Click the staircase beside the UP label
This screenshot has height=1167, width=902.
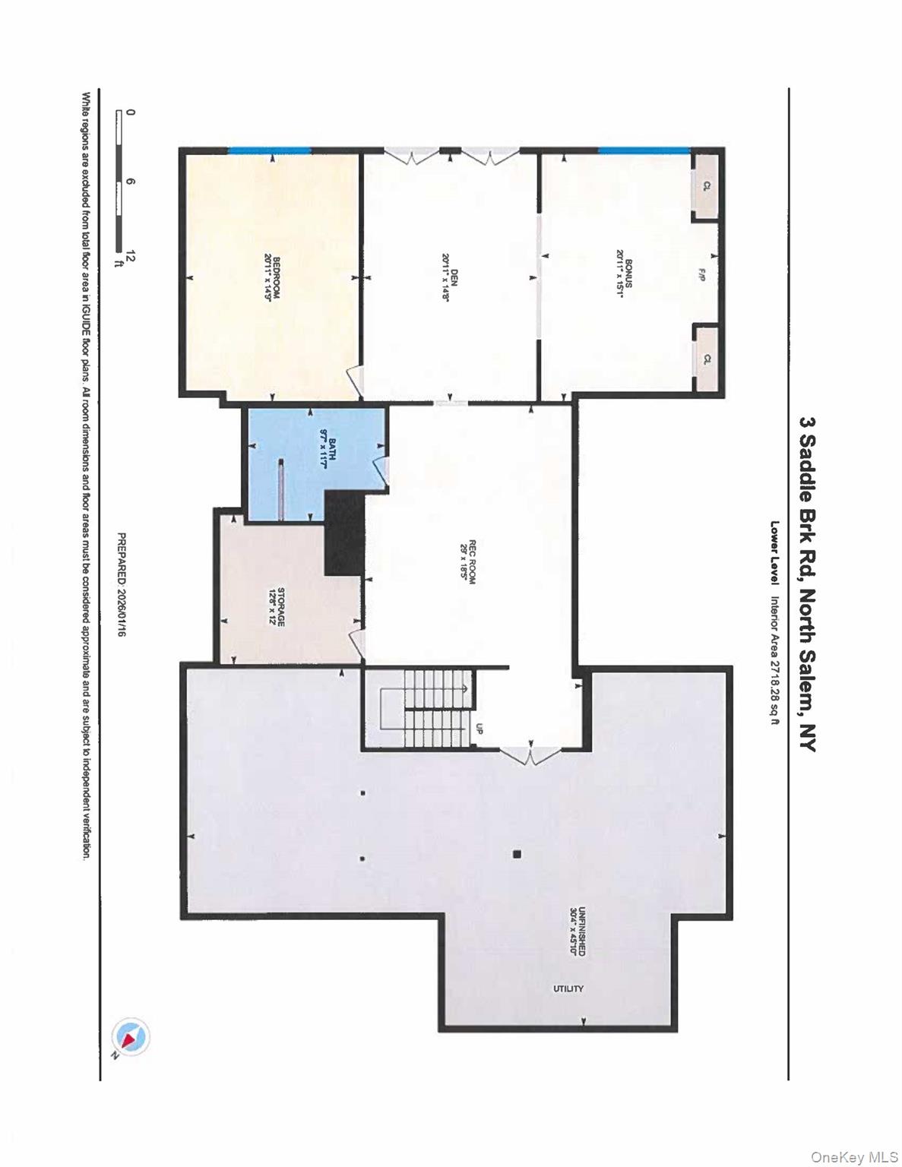(434, 707)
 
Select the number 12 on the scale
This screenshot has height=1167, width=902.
(131, 255)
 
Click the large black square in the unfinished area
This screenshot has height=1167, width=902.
(517, 854)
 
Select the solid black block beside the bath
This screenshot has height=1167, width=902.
(345, 532)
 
